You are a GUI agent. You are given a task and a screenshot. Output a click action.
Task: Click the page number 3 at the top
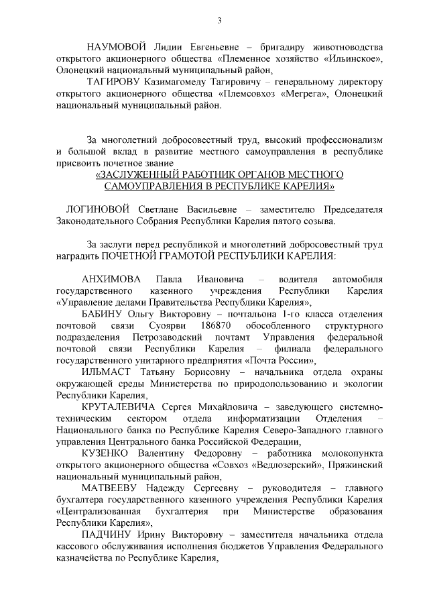tap(219, 20)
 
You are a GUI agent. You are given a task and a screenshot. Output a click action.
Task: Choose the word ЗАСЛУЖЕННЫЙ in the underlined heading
tap(138, 174)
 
